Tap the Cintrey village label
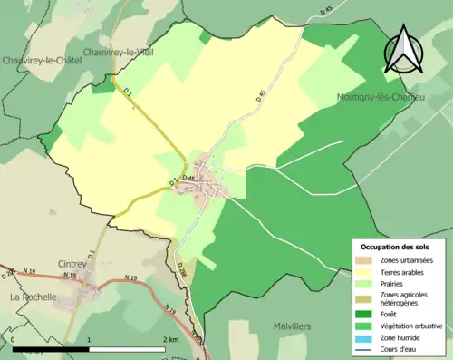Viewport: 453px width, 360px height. (x=72, y=264)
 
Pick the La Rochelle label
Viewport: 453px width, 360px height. (x=34, y=297)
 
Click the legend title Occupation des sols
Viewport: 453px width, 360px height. (x=395, y=247)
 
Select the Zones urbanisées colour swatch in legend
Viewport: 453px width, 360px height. (x=364, y=260)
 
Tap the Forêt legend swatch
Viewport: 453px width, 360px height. (x=364, y=315)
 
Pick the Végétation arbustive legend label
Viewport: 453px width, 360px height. (x=412, y=326)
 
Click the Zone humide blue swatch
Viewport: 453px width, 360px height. (x=364, y=338)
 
